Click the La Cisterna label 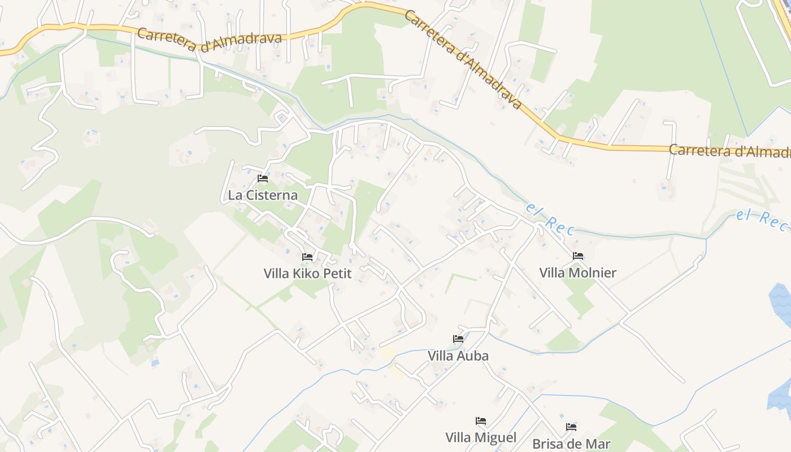pos(262,195)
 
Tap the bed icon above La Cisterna pos(263,179)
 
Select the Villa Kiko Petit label pos(307,274)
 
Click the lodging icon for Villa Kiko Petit pos(307,257)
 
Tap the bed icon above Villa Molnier pos(578,256)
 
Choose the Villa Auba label pos(458,356)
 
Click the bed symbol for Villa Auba pos(458,339)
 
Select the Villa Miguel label pos(481,438)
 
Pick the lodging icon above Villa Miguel pos(481,421)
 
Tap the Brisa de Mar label pos(571,444)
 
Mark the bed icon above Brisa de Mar pos(571,427)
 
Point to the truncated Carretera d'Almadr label pos(729,151)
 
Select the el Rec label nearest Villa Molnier pos(550,219)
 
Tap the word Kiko pos(305,274)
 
